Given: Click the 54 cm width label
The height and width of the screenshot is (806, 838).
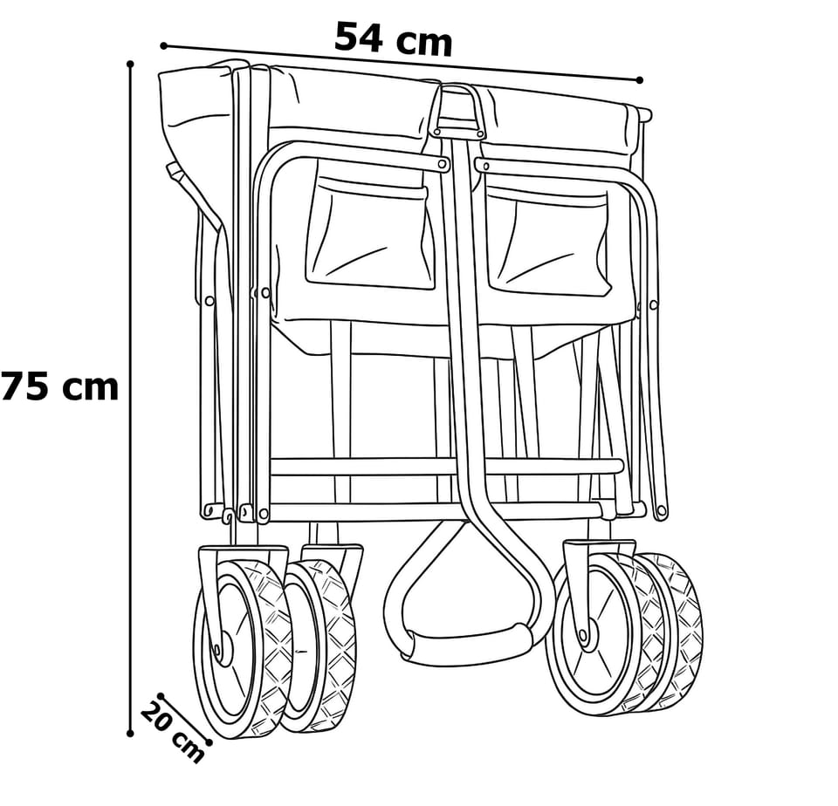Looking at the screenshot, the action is tap(393, 38).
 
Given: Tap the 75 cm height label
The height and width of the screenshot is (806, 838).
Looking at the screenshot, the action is tap(59, 386).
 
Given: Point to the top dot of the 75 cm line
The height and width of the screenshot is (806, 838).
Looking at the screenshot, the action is tap(130, 64).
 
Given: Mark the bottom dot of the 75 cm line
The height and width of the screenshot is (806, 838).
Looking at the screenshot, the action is tap(130, 734).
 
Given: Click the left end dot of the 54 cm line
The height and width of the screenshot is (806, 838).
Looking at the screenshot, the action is tap(163, 46).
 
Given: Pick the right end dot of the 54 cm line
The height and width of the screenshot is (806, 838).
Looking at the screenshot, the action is tap(640, 80).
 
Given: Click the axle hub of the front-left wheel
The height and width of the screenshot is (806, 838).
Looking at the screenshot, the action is tap(217, 650).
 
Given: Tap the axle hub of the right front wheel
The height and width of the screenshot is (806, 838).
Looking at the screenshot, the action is tap(583, 636).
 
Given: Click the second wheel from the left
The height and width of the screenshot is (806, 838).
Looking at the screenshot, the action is tap(319, 645).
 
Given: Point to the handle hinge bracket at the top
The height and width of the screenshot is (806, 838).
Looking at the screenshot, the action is tap(457, 111).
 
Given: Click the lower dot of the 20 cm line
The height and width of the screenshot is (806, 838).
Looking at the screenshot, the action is tap(209, 742).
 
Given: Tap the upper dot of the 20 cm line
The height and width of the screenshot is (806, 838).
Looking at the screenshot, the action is tap(161, 696).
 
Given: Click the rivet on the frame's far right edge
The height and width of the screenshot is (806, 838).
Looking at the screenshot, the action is tap(653, 305).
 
